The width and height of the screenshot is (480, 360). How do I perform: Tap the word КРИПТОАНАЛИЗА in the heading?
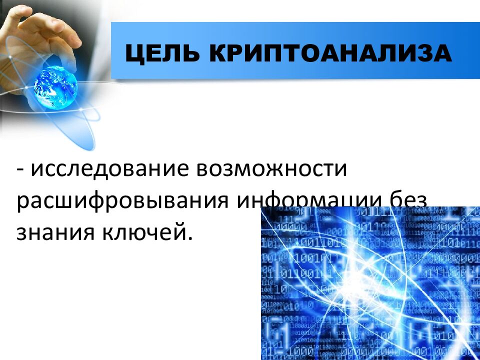pyautogui.click(x=323, y=52)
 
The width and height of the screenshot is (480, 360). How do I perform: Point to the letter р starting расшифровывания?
pyautogui.click(x=22, y=202)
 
